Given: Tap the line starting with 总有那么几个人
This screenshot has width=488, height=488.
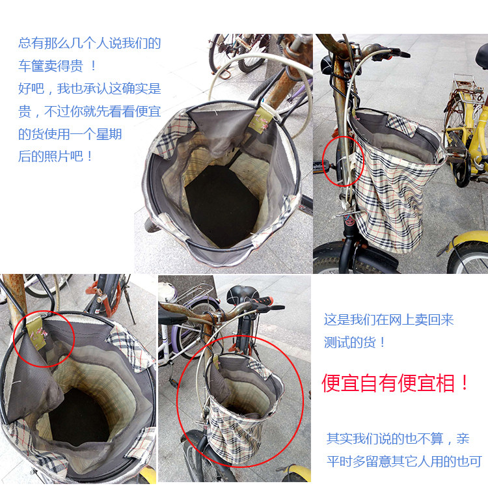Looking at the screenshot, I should [89, 44].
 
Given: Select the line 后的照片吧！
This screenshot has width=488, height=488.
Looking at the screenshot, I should [56, 156].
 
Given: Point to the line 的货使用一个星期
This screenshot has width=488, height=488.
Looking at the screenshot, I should [70, 134].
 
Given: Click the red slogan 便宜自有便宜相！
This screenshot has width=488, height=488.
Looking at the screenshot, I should [396, 383].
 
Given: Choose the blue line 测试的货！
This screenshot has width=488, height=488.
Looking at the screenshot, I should [355, 342].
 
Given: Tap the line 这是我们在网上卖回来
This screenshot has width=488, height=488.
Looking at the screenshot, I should [388, 319].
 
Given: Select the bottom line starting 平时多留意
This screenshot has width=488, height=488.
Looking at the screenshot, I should [403, 461].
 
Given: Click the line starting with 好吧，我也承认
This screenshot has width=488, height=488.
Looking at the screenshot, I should [89, 88].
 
